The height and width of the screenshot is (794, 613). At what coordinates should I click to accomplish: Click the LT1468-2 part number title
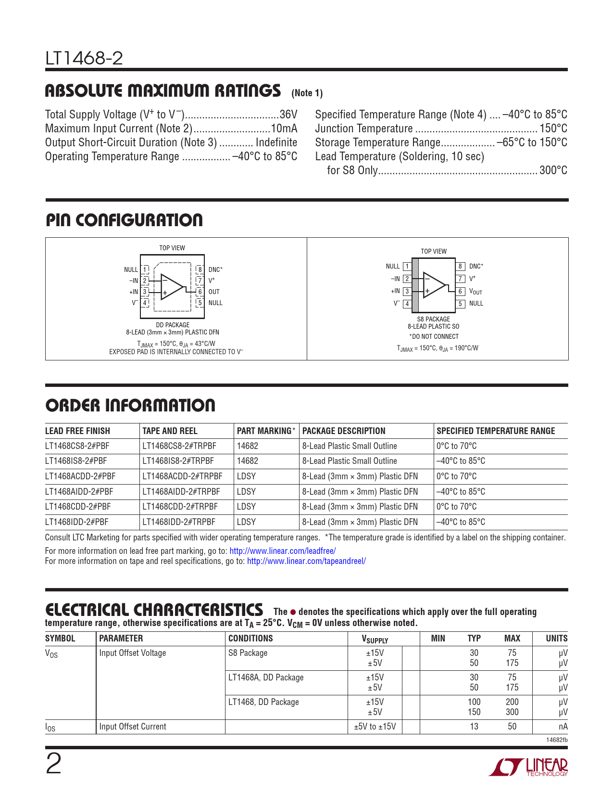pos(84,59)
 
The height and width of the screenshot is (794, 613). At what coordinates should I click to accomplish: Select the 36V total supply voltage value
pos(288,115)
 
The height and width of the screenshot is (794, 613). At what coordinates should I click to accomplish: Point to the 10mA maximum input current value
pos(284,128)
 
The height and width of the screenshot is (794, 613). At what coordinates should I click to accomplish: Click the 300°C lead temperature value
pos(553,170)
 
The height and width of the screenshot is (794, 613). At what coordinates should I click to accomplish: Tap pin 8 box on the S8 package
pos(460,266)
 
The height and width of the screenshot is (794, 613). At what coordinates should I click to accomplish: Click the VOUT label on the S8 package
pos(475,292)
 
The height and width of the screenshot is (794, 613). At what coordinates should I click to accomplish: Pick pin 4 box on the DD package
pos(145,303)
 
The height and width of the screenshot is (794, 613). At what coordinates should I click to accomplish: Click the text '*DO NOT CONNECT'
pos(434,336)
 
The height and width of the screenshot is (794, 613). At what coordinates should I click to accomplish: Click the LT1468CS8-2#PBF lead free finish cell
pos(77,446)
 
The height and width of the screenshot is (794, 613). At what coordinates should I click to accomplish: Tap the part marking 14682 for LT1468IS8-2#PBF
pos(248,461)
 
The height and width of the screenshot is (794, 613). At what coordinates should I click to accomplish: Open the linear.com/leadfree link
pos(283,551)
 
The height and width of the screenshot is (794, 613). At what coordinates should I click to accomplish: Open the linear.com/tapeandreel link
pos(306,561)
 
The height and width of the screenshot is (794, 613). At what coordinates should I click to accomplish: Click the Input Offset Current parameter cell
pos(133,727)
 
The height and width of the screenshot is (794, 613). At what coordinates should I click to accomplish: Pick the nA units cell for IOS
pos(563,727)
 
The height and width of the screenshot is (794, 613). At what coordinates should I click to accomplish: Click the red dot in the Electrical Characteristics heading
pos(293,612)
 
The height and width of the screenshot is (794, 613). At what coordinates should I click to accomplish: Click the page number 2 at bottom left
pos(53,764)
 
